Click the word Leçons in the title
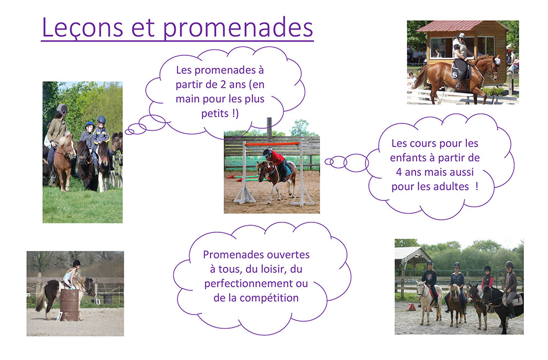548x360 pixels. pyautogui.click(x=83, y=27)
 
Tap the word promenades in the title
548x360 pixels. pyautogui.click(x=238, y=28)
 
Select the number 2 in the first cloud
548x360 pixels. pyautogui.click(x=224, y=84)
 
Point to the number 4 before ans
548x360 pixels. pyautogui.click(x=399, y=172)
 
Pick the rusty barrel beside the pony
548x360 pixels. pyautogui.click(x=70, y=305)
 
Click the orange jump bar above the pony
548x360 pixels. pyautogui.click(x=272, y=144)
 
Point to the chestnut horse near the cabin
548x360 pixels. pyautogui.click(x=458, y=76)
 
